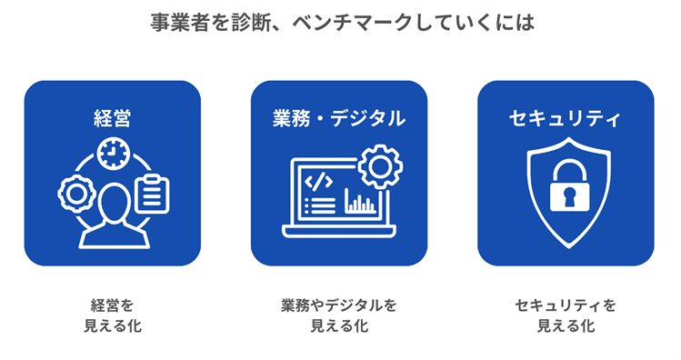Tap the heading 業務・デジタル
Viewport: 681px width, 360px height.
pyautogui.click(x=338, y=118)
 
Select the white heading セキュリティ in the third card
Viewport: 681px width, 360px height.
pyautogui.click(x=565, y=118)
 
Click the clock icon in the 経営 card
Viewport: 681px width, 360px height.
pyautogui.click(x=113, y=154)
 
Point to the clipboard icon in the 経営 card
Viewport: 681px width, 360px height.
pyautogui.click(x=151, y=194)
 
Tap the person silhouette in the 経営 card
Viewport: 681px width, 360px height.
pyautogui.click(x=113, y=216)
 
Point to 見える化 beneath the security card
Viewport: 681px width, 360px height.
pyautogui.click(x=565, y=325)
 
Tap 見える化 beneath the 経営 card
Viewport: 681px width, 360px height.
pyautogui.click(x=113, y=325)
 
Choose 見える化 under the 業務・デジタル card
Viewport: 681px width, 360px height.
pyautogui.click(x=339, y=325)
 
